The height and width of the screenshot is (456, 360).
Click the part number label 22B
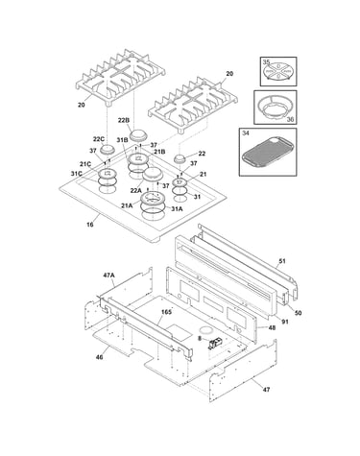coord(123,120)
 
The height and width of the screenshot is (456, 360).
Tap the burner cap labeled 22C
coord(107,149)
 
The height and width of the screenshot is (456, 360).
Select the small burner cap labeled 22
coord(180,158)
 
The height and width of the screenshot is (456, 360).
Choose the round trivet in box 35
coord(277,71)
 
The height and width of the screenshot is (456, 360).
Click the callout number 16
coord(90,225)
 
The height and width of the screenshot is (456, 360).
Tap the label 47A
coord(108,275)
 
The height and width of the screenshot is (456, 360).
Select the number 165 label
coord(166,312)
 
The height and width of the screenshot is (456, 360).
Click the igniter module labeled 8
coord(215,344)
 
